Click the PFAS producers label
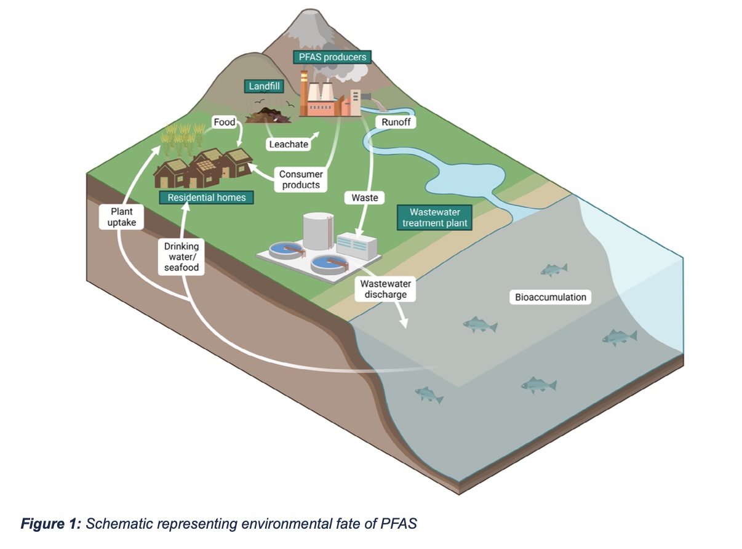pos(333,57)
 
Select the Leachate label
pos(288,145)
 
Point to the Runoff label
pos(395,122)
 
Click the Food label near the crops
pos(225,122)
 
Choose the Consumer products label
pos(301,180)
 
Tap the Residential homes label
pos(206,198)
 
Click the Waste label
pos(365,198)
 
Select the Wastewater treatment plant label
pos(434,217)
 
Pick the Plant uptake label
pos(122,217)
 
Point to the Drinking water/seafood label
pos(182,257)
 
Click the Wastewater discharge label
pos(386,289)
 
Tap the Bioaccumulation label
pos(551,297)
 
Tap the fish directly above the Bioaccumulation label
pos(554,269)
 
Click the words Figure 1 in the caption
pos(50,524)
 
